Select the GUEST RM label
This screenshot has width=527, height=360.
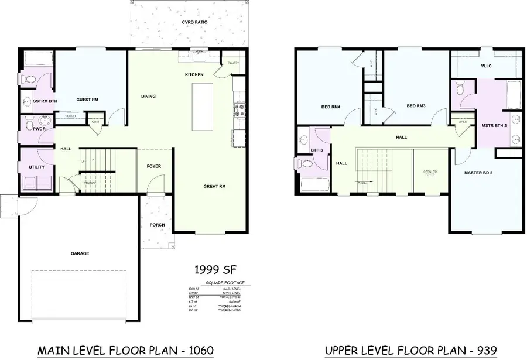click(87, 100)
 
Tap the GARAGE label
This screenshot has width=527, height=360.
click(80, 253)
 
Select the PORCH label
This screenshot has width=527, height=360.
click(157, 225)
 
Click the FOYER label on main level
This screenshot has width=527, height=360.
click(153, 167)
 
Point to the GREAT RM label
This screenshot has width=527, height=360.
click(215, 187)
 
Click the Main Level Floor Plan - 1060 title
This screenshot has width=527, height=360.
click(125, 350)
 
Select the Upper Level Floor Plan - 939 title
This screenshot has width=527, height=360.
click(403, 350)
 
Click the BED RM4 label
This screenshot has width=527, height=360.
click(332, 107)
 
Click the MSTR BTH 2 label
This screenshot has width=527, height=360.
click(493, 126)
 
